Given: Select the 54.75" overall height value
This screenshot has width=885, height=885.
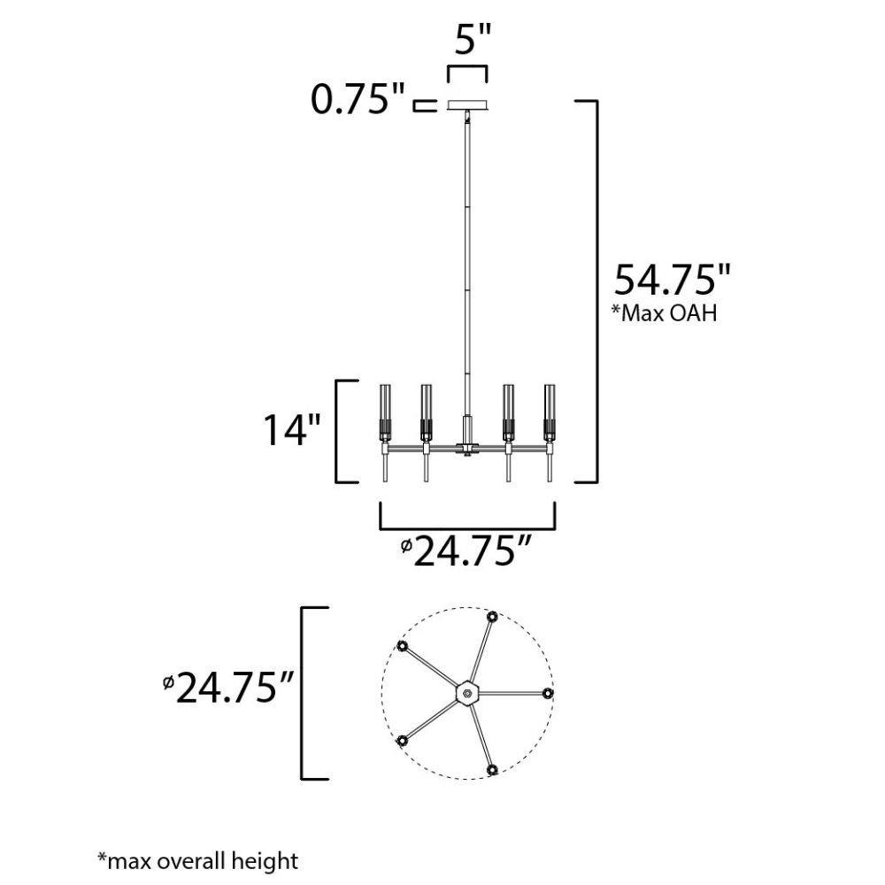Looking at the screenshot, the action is (x=672, y=280).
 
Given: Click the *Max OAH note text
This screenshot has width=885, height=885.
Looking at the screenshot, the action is (x=665, y=312).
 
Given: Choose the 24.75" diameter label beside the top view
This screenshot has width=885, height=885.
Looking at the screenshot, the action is (x=228, y=688).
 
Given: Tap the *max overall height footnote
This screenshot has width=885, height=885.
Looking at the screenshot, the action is (x=197, y=861).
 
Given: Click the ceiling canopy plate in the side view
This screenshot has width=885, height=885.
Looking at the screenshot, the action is (x=467, y=105).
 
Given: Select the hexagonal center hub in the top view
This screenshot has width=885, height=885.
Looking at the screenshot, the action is (x=466, y=693).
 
